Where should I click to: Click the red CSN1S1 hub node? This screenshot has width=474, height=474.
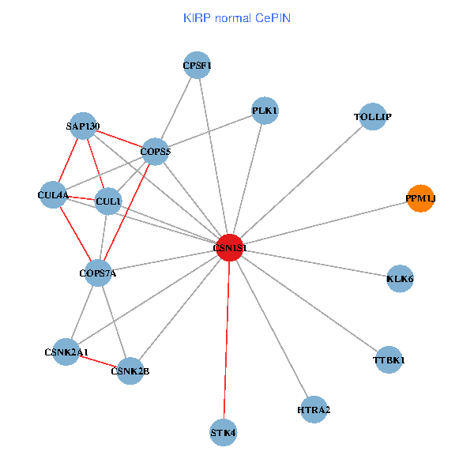[x=229, y=247]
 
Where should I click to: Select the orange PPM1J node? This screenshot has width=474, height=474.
[x=420, y=200]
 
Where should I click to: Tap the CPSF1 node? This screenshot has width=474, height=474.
[x=196, y=66]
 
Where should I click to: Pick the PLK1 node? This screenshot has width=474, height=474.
[x=265, y=111]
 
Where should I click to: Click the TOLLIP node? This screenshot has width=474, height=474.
[x=372, y=117]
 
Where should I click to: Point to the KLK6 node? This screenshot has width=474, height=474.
[x=401, y=279]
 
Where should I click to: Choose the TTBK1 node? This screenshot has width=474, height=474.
[x=389, y=360]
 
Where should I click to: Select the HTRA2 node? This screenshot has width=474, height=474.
[x=314, y=409]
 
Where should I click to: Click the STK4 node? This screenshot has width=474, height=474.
[x=224, y=432]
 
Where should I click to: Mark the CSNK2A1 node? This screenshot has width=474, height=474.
[x=66, y=352]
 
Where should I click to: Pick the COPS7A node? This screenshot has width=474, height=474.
[x=98, y=273]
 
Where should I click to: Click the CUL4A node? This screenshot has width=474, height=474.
[x=54, y=194]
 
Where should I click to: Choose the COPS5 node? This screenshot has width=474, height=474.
[x=155, y=151]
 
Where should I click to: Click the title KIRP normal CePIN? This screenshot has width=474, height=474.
[x=236, y=17]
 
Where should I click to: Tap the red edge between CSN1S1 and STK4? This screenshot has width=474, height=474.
[x=227, y=340]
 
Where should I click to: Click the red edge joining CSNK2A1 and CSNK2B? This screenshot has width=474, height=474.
[x=99, y=362]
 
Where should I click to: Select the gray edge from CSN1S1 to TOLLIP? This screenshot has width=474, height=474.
[x=300, y=182]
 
